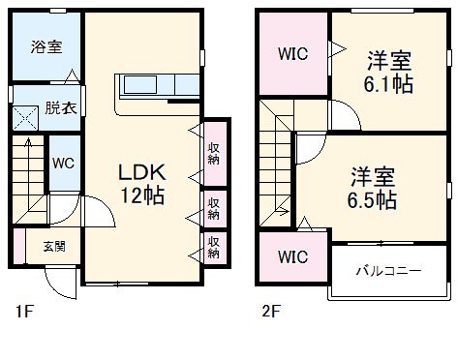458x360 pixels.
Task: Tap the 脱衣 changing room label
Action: (57, 107)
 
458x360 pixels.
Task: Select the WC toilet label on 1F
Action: (64, 164)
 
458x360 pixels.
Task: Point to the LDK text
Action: (142, 173)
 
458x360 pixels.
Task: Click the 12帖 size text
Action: (142, 195)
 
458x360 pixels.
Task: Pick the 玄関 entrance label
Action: (54, 246)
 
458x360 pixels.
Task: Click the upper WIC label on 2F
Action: (292, 54)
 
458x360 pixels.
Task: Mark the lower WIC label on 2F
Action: (292, 257)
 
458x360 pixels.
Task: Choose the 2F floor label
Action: (268, 313)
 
